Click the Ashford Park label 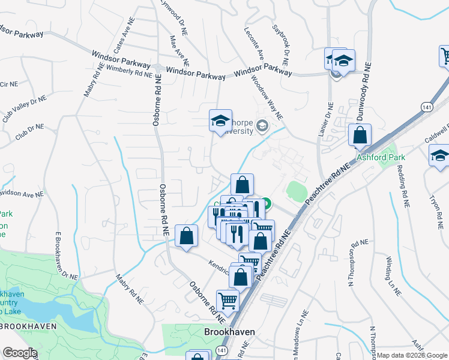pyautogui.click(x=381, y=157)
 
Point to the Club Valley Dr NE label pyautogui.click(x=24, y=109)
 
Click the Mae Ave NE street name pyautogui.click(x=179, y=50)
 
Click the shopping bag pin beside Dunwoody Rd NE pyautogui.click(x=359, y=137)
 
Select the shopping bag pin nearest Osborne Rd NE pyautogui.click(x=187, y=236)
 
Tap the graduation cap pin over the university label pyautogui.click(x=220, y=121)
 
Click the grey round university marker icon pyautogui.click(x=261, y=125)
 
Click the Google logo pyautogui.click(x=20, y=353)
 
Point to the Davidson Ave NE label pyautogui.click(x=22, y=193)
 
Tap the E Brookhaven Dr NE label pyautogui.click(x=65, y=256)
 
